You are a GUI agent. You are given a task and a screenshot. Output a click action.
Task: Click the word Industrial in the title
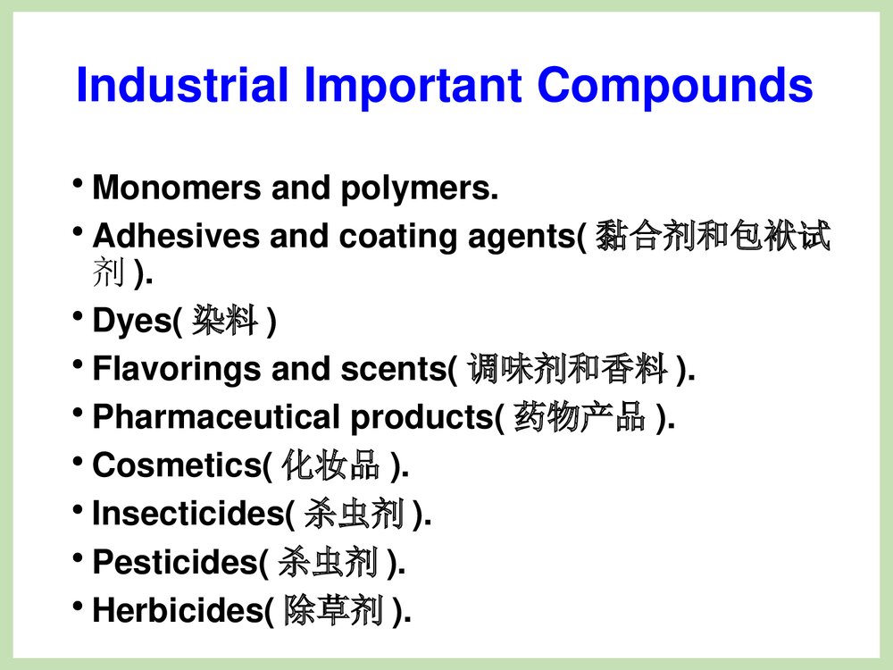pos(182,86)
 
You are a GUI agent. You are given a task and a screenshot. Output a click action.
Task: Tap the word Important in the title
pos(413,86)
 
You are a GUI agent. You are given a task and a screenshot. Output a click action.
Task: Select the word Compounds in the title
pos(676,86)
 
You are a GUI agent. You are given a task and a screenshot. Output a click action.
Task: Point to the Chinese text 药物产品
pos(580,417)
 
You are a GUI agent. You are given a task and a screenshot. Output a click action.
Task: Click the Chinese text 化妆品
pos(330,465)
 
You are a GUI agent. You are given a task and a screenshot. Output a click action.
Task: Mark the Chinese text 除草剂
pos(333,611)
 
